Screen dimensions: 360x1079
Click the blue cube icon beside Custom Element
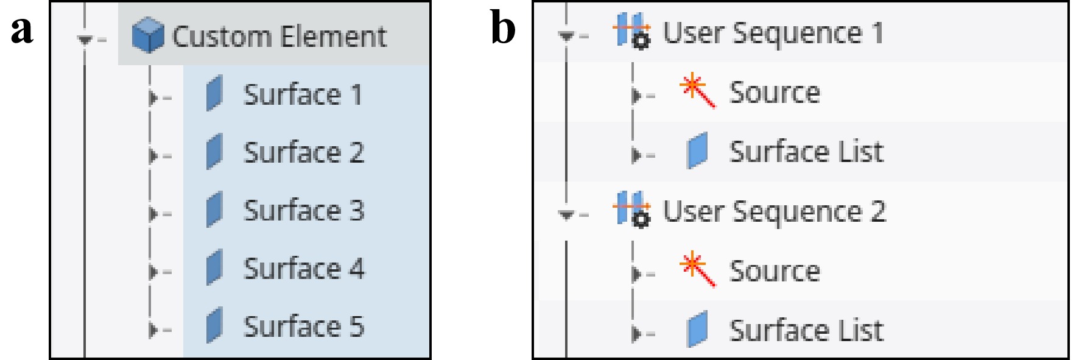pyautogui.click(x=147, y=35)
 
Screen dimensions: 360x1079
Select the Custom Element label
pyautogui.click(x=279, y=37)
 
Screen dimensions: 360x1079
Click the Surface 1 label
pyautogui.click(x=303, y=95)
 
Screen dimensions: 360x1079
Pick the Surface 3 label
pyautogui.click(x=304, y=211)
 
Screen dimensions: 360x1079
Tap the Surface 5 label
pyautogui.click(x=304, y=326)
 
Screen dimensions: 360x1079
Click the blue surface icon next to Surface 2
pyautogui.click(x=214, y=152)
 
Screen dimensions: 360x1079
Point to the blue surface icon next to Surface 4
pyautogui.click(x=214, y=269)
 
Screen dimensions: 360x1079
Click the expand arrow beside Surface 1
pyautogui.click(x=153, y=97)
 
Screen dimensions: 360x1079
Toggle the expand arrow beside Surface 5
pyautogui.click(x=153, y=330)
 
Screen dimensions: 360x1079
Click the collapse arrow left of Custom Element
pyautogui.click(x=85, y=40)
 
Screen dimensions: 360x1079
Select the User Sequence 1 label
pyautogui.click(x=773, y=33)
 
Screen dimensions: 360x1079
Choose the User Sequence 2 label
pyautogui.click(x=774, y=212)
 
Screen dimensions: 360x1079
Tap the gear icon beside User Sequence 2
pyautogui.click(x=641, y=220)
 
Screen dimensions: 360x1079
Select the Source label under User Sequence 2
pyautogui.click(x=775, y=271)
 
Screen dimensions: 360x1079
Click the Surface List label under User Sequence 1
pyautogui.click(x=806, y=152)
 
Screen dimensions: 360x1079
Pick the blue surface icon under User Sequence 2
pyautogui.click(x=698, y=329)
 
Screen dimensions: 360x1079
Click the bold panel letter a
pyautogui.click(x=22, y=29)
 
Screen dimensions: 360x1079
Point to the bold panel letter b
pyautogui.click(x=503, y=28)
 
